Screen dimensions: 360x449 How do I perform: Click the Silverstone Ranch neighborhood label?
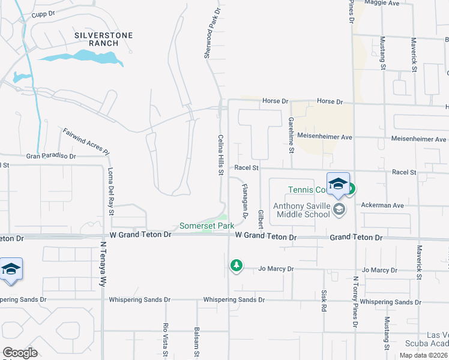[x=103, y=40]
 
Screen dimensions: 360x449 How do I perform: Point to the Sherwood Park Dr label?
[x=211, y=34]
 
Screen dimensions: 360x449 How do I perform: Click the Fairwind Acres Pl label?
[x=86, y=140]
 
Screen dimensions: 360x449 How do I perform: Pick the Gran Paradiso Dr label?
[x=51, y=156]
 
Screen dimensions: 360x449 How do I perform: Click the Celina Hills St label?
[x=220, y=155]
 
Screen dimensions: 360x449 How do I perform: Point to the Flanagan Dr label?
[x=245, y=200]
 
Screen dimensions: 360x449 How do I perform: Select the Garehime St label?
[x=291, y=133]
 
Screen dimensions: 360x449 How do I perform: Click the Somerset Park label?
[x=206, y=226]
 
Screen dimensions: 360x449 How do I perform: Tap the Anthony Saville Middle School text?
[x=301, y=211]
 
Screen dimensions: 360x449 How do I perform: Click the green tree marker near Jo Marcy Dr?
[x=237, y=265]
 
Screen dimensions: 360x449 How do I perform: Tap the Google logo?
[x=20, y=352]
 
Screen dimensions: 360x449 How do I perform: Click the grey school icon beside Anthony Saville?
[x=340, y=209]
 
